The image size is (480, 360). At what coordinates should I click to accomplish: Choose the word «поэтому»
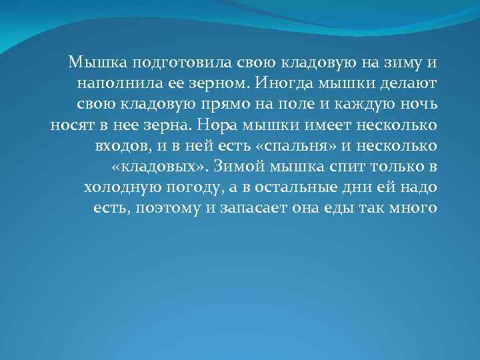point(167,209)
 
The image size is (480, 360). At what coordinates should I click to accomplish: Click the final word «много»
point(413,209)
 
